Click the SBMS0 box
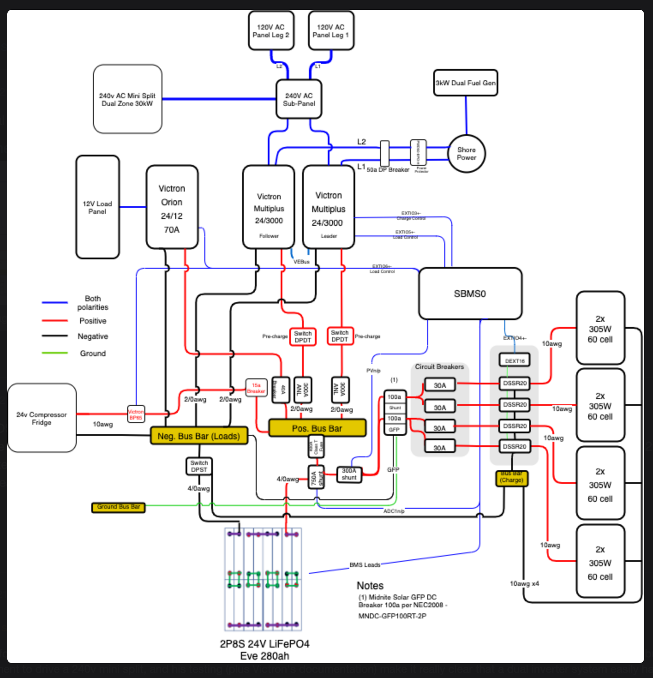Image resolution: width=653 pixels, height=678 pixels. (x=470, y=294)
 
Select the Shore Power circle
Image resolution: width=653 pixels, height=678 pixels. (x=466, y=153)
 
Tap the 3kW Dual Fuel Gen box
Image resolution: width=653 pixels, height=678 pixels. (x=465, y=83)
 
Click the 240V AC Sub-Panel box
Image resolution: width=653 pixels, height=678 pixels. (x=299, y=99)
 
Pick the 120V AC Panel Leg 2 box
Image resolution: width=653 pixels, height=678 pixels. (x=271, y=31)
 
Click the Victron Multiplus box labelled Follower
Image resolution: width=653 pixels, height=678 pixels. (x=269, y=208)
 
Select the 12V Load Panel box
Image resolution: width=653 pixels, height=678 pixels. (x=97, y=207)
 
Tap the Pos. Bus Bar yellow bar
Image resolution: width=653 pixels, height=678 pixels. (x=317, y=428)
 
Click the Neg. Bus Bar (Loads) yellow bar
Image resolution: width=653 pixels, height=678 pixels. (x=199, y=436)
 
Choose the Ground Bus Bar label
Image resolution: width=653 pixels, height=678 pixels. (x=118, y=507)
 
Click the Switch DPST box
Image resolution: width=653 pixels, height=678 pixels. (x=199, y=466)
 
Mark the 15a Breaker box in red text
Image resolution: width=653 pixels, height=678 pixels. (x=256, y=388)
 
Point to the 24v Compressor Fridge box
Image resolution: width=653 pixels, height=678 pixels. (x=42, y=418)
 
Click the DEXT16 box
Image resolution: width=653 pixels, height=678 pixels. (x=515, y=360)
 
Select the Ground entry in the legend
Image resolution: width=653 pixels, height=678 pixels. (x=93, y=353)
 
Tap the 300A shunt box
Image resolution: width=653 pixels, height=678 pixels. (x=349, y=474)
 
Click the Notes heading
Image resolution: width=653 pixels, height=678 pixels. (x=370, y=585)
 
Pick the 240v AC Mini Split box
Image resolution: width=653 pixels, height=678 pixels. (x=127, y=99)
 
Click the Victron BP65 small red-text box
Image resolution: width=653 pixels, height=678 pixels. (x=136, y=414)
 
